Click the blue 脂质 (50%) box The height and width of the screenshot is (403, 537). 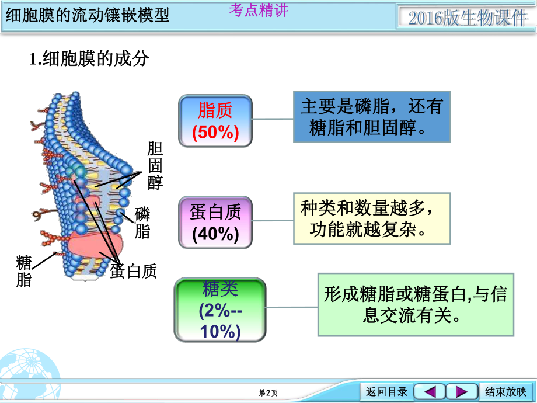[215, 121]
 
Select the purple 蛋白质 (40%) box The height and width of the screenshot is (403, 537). [215, 222]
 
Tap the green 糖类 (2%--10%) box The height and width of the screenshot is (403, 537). [220, 310]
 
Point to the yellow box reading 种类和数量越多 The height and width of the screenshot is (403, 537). [372, 218]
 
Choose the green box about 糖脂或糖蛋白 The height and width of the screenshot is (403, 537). [416, 304]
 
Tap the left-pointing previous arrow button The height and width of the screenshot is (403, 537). [430, 391]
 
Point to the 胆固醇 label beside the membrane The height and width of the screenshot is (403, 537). [155, 165]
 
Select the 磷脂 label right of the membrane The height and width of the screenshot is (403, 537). [142, 223]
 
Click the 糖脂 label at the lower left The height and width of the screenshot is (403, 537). [24, 270]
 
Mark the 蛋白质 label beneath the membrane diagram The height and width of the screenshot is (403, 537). [134, 271]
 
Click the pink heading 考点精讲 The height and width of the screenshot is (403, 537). [259, 11]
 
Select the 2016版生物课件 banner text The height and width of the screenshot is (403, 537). [467, 18]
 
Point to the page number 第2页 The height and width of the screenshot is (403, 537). [268, 393]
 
